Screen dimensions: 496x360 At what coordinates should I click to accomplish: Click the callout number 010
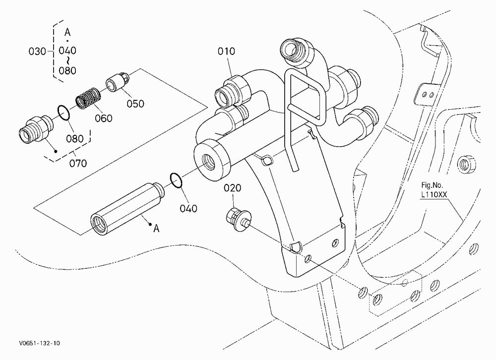point(226,51)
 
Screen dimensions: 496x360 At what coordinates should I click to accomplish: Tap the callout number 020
point(233,188)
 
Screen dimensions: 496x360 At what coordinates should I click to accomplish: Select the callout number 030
point(37,51)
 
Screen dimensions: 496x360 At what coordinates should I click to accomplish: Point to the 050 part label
point(135,104)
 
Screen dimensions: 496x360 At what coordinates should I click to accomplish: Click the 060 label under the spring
point(104,119)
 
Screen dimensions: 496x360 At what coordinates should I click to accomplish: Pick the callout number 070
point(78,163)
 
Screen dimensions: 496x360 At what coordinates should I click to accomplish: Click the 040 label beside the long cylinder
point(188,208)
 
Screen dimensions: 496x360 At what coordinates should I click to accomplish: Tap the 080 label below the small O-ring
point(75,138)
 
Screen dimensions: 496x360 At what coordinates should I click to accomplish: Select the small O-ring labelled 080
point(63,113)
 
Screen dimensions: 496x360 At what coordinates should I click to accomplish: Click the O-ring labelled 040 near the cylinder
point(176,180)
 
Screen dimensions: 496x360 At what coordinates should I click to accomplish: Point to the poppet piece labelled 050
point(117,82)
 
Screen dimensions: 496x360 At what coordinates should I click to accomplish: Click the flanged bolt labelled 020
point(239,218)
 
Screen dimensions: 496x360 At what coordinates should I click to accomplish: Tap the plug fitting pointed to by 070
point(36,128)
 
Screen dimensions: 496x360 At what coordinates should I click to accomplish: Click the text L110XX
point(434,195)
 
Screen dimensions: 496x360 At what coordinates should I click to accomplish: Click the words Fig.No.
point(432,185)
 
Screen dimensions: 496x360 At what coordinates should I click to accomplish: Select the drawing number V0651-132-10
point(39,343)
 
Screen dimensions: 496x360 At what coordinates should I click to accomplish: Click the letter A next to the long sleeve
point(156,229)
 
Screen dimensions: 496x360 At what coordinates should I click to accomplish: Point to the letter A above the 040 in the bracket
point(67,32)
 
